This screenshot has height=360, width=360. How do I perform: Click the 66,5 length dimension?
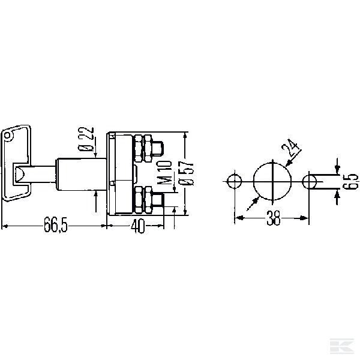coord(56,224)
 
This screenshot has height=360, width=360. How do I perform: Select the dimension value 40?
coord(138,226)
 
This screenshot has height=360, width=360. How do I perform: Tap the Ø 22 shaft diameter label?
coord(86,139)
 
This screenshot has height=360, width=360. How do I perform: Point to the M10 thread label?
coord(166,172)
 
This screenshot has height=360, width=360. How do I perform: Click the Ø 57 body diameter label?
coord(186,173)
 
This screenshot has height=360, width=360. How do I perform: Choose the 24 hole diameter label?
coord(290,148)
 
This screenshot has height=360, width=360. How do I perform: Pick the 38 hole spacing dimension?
coord(273,218)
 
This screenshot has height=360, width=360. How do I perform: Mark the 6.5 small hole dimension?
coord(350,181)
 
